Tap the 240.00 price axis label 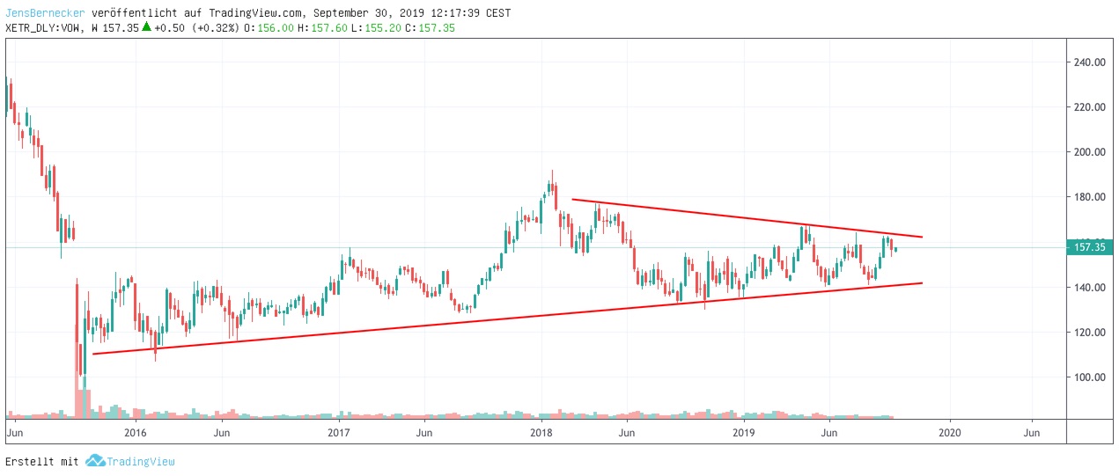1089,62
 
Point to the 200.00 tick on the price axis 1089,152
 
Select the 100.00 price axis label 1089,377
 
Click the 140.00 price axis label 1089,288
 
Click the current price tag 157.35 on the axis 1089,247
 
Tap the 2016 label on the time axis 135,433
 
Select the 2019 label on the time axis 745,433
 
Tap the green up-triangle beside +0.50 147,26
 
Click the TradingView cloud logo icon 94,461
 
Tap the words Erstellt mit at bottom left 42,461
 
